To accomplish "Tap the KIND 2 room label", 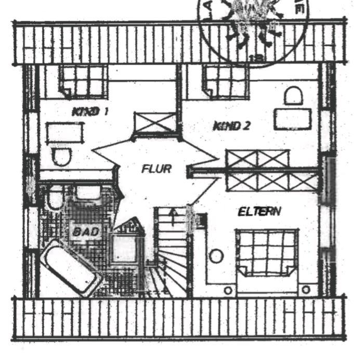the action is (231, 125).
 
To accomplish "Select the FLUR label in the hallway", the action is (156, 169).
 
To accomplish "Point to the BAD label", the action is (86, 231).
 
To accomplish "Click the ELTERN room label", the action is (259, 212).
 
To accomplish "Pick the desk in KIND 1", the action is (64, 133).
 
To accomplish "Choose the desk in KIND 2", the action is (293, 118).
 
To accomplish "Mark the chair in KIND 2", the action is (294, 95).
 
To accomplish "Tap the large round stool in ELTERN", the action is (216, 256).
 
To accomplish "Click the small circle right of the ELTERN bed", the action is (306, 289).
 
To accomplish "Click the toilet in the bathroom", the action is (53, 198).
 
